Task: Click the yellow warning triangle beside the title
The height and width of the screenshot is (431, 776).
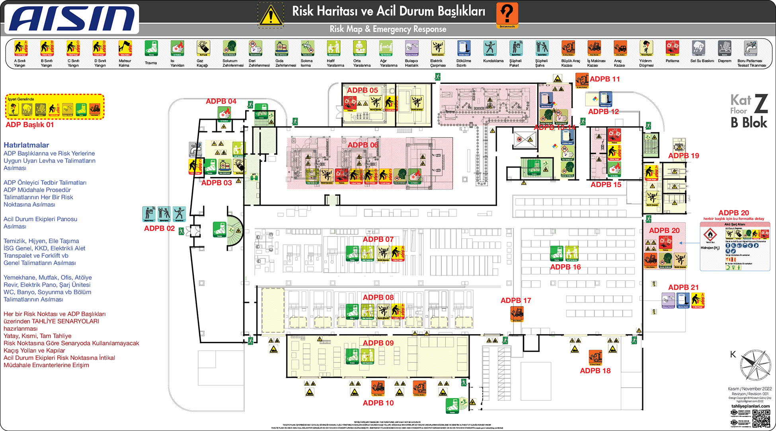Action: click(x=271, y=15)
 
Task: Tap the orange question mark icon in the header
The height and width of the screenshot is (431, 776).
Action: click(x=507, y=14)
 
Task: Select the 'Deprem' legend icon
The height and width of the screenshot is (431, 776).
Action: click(x=724, y=49)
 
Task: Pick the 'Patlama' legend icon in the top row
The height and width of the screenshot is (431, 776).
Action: click(x=672, y=49)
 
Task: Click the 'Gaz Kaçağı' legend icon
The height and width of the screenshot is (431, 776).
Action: click(x=203, y=49)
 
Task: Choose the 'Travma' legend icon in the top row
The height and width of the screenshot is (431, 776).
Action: click(x=151, y=49)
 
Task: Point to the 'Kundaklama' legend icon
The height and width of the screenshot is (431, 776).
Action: click(x=490, y=49)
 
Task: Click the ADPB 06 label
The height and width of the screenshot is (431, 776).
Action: click(x=363, y=145)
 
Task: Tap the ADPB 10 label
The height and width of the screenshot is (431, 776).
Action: click(x=378, y=403)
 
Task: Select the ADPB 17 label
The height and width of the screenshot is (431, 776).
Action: click(x=516, y=300)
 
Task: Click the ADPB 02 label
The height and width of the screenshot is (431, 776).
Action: click(x=159, y=228)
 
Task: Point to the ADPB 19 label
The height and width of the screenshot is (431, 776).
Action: click(x=683, y=156)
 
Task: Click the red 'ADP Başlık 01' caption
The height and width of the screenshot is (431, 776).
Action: click(x=29, y=125)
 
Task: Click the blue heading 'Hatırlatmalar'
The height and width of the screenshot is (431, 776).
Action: click(x=26, y=145)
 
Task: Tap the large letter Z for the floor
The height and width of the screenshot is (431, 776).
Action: click(x=761, y=103)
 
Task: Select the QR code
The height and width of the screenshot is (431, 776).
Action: click(x=761, y=418)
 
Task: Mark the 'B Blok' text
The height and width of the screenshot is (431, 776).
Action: click(x=749, y=123)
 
